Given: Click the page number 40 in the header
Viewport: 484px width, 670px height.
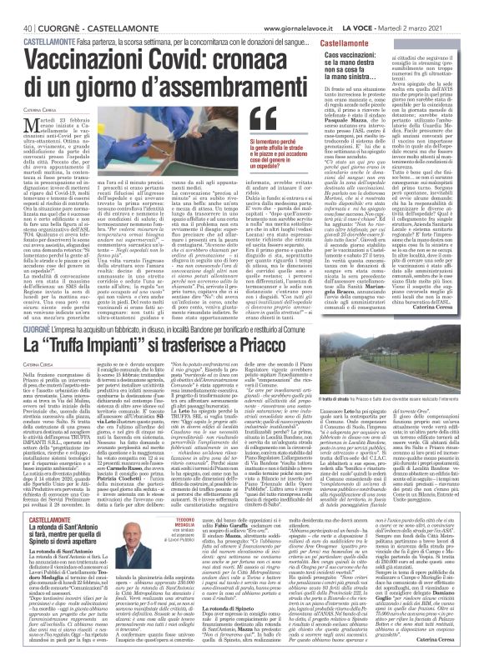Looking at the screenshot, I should (x=16, y=7).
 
